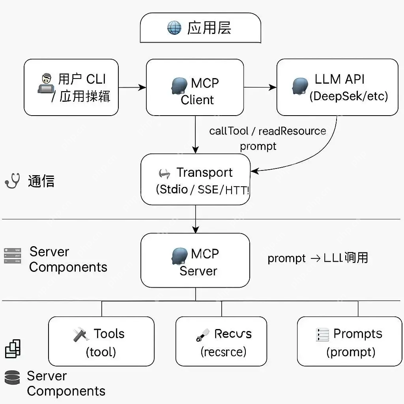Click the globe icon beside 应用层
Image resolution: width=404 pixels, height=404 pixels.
174,28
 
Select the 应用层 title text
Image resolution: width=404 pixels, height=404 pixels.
209,28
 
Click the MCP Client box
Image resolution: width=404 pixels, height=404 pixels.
195,87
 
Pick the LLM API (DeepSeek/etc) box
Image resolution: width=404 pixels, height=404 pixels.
337,87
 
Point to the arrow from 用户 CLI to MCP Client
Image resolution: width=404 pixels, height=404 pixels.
132,88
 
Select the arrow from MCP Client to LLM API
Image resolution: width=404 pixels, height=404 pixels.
260,88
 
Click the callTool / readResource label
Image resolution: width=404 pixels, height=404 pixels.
267,131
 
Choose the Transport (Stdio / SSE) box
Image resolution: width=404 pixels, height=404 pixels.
195,180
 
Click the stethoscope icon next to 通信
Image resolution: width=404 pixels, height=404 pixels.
12,181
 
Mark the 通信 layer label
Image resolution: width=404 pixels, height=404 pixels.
41,181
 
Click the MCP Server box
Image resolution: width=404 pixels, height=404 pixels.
195,260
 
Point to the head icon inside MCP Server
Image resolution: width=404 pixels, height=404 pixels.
180,256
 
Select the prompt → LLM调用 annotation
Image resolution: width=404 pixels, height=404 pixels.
318,258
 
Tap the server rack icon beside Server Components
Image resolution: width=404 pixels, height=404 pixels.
12,256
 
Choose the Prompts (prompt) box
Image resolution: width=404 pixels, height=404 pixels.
350,342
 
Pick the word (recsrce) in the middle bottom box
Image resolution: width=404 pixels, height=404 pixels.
223,351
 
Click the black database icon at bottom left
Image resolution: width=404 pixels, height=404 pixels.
12,377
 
